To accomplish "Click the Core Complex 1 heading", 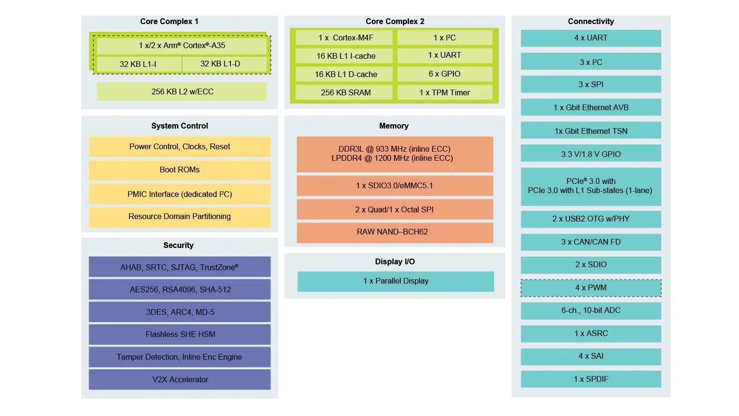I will pyautogui.click(x=169, y=21).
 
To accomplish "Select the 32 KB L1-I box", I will pyautogui.click(x=138, y=64).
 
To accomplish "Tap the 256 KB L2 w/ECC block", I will pyautogui.click(x=182, y=91).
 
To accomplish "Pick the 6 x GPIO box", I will pyautogui.click(x=445, y=74).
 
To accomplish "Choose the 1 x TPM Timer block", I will pyautogui.click(x=445, y=92).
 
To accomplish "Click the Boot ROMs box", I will pyautogui.click(x=179, y=170).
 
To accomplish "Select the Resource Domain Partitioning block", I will pyautogui.click(x=179, y=217).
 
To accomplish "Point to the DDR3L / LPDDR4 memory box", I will pyautogui.click(x=395, y=154).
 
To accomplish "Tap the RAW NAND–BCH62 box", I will pyautogui.click(x=395, y=232).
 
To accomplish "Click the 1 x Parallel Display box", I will pyautogui.click(x=395, y=281).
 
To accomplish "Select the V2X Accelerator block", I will pyautogui.click(x=179, y=379).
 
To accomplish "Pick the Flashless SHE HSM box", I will pyautogui.click(x=179, y=334).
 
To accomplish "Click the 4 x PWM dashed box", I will pyautogui.click(x=591, y=288).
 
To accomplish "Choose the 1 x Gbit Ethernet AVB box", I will pyautogui.click(x=591, y=107).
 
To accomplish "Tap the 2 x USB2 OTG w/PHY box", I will pyautogui.click(x=591, y=219).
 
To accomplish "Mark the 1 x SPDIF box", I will pyautogui.click(x=591, y=379).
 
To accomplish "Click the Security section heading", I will pyautogui.click(x=178, y=245).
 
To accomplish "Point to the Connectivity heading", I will pyautogui.click(x=591, y=21).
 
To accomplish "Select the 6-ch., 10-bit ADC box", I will pyautogui.click(x=591, y=311).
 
